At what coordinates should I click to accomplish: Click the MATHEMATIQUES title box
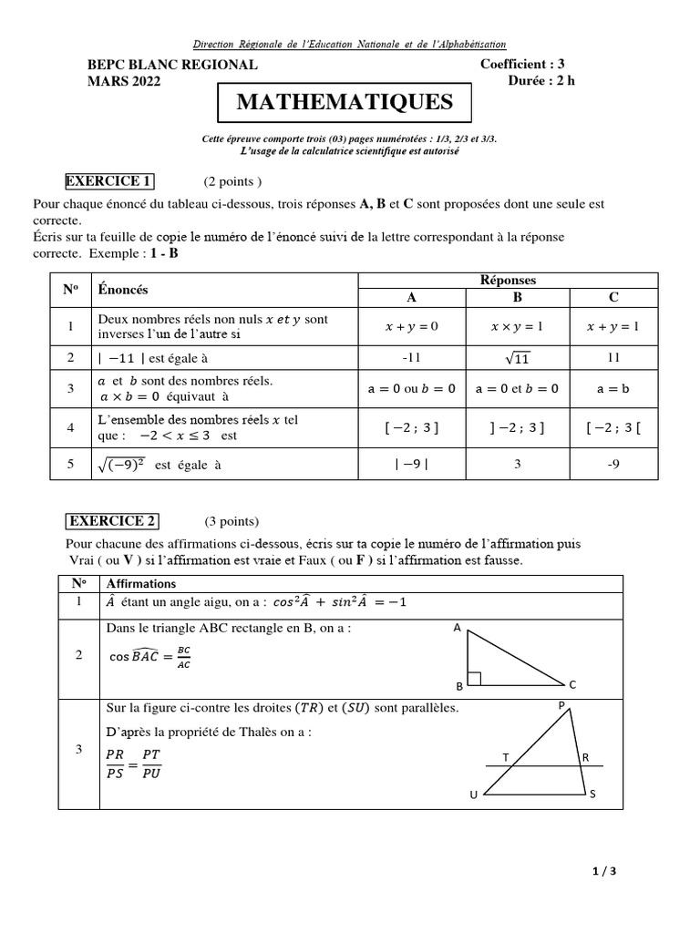pos(345,103)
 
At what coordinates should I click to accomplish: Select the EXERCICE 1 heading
pos(108,180)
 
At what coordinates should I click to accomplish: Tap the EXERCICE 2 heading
pos(112,521)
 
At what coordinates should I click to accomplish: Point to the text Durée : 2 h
pos(541,80)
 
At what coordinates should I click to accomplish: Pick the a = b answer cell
pos(613,388)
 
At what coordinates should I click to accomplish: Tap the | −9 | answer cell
pos(411,464)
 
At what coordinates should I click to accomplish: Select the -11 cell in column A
pos(411,359)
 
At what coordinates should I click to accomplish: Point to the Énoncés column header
pos(123,290)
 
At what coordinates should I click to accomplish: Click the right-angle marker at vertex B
pos(473,679)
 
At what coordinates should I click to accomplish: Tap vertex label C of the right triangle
pos(572,684)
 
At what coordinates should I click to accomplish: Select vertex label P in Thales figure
pos(561,705)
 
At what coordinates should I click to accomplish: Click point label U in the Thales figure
pos(473,795)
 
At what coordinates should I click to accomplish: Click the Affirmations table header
pos(141,583)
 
